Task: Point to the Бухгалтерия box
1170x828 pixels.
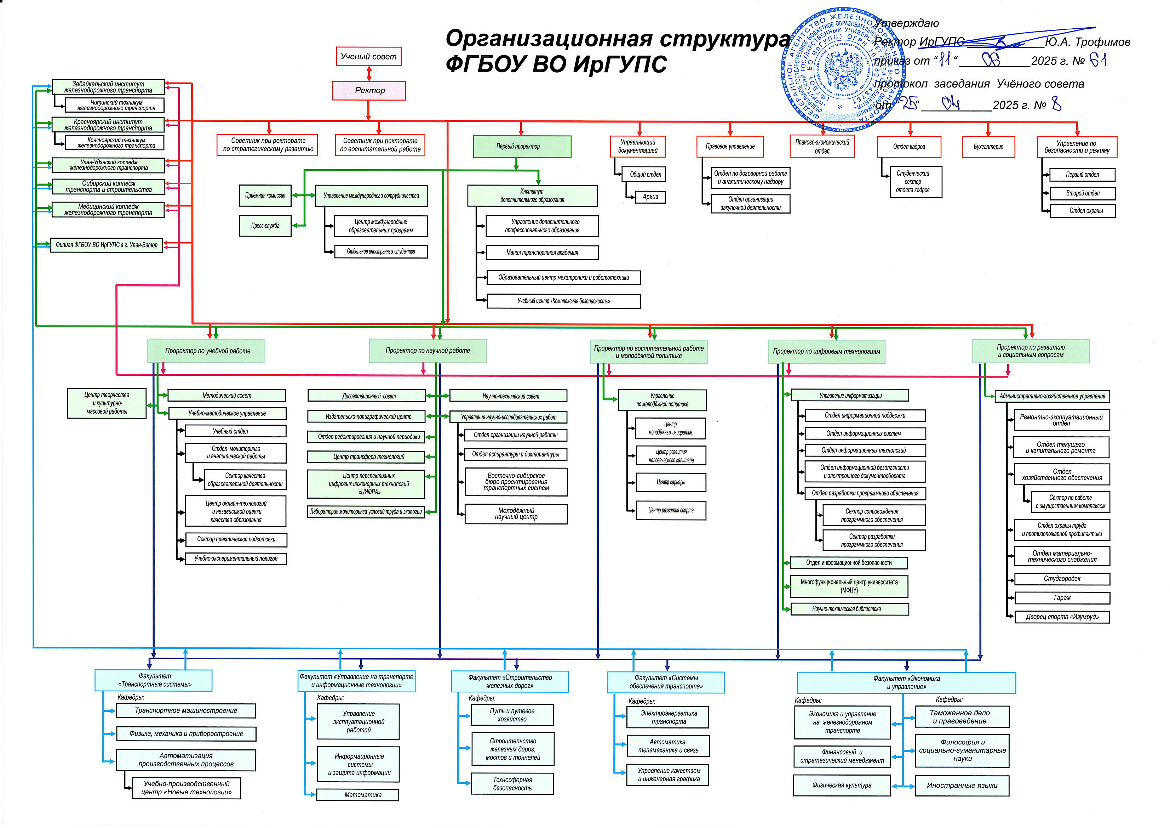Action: tap(988, 147)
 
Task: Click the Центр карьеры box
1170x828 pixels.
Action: tap(671, 482)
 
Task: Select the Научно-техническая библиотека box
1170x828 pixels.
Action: tap(849, 609)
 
